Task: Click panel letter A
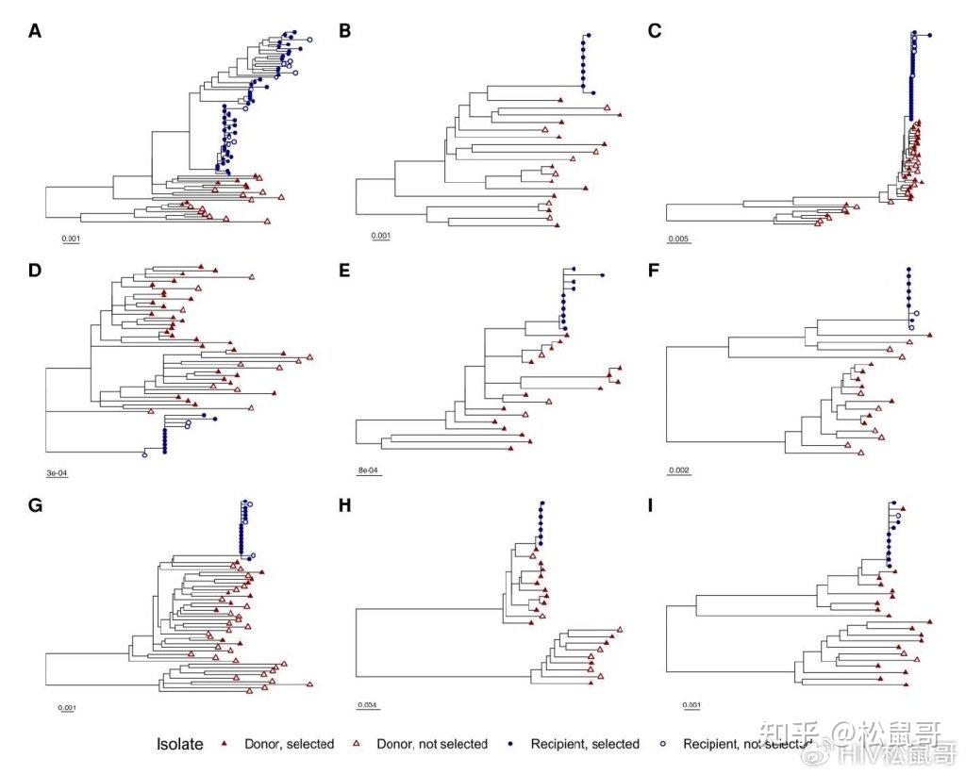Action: (x=35, y=31)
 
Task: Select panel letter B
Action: (x=345, y=31)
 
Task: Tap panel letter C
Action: (x=655, y=31)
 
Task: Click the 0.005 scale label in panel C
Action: (x=678, y=239)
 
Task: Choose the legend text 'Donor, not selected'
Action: (x=431, y=744)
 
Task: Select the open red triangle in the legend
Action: (x=356, y=744)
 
